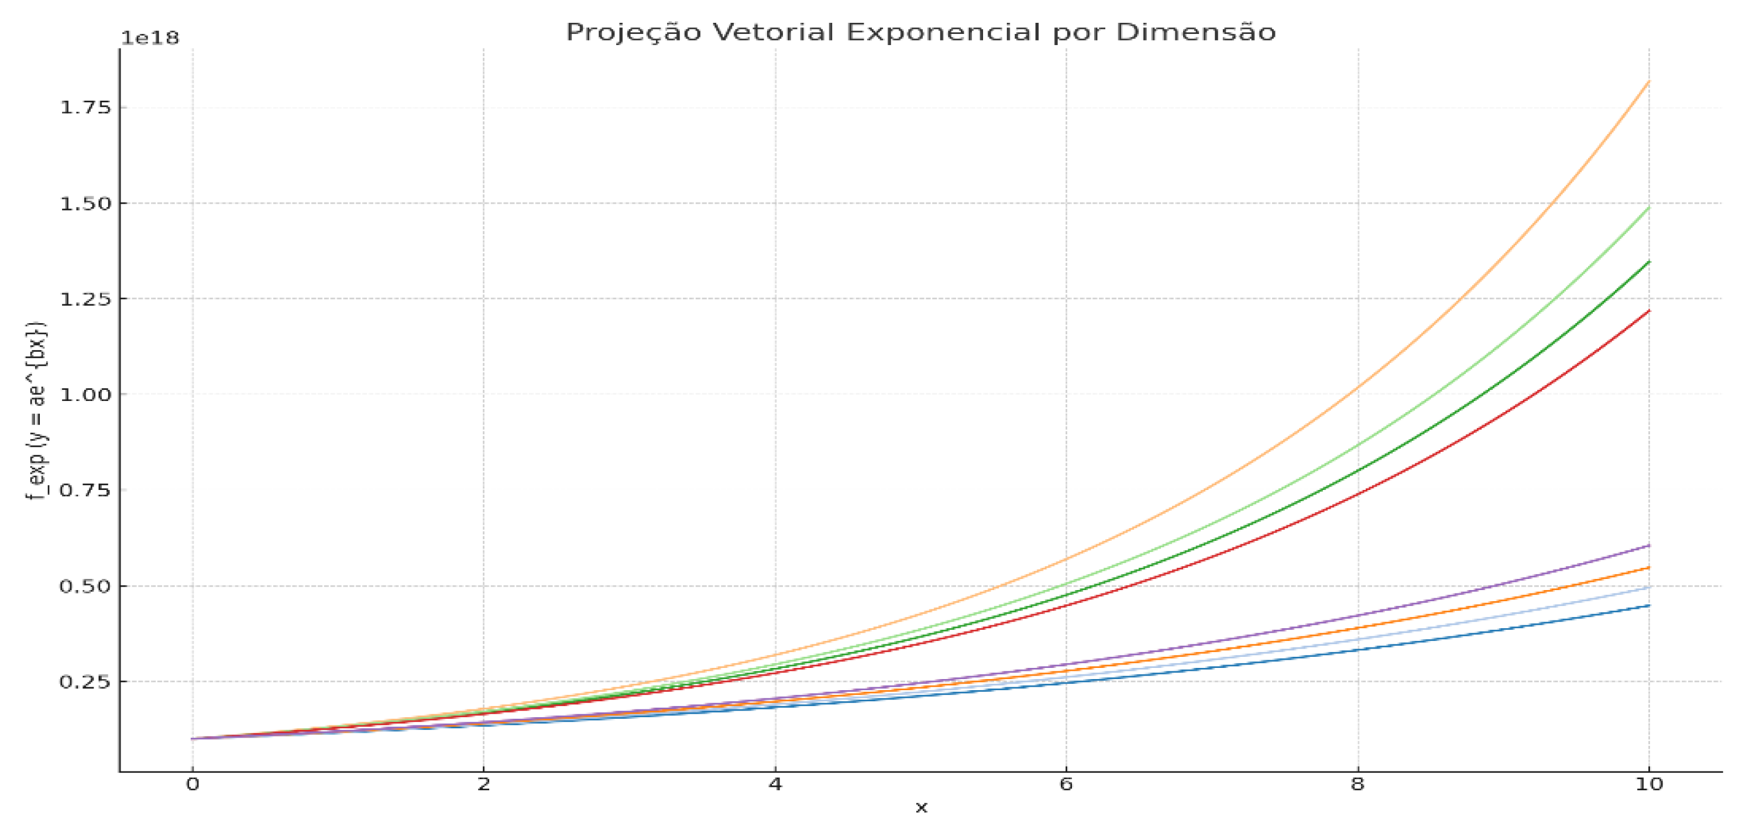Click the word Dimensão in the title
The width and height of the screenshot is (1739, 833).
point(1195,32)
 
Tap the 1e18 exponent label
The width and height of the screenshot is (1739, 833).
point(150,39)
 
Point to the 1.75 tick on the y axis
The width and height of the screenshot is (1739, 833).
point(86,108)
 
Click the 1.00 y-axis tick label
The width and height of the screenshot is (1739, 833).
point(86,395)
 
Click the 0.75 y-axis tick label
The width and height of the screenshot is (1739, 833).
point(86,491)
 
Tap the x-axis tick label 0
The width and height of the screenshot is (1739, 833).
point(193,784)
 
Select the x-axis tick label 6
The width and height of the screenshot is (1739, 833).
point(1066,784)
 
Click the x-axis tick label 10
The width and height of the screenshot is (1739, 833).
point(1648,784)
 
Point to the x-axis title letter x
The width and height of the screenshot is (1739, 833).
point(921,808)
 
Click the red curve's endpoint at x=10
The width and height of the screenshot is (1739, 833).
point(1648,311)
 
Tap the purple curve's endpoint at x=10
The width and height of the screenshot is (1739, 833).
point(1648,545)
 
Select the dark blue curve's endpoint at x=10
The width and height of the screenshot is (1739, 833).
point(1648,606)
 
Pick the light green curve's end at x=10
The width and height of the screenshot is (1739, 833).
point(1648,207)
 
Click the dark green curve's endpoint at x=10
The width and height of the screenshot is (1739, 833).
point(1648,262)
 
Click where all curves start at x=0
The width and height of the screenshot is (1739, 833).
point(193,738)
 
